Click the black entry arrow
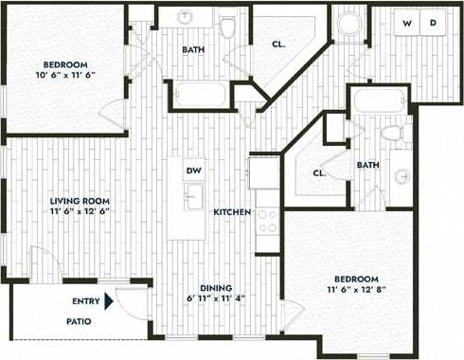[x=110, y=302]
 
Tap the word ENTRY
[x=86, y=302]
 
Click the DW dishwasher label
[x=192, y=171]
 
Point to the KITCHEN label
[x=232, y=212]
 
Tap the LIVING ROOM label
[x=80, y=201]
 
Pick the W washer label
[x=407, y=23]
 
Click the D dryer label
[x=433, y=23]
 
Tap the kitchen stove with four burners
[x=266, y=220]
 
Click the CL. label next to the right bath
[x=319, y=173]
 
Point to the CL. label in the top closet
[x=279, y=43]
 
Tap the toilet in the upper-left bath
[x=227, y=26]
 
